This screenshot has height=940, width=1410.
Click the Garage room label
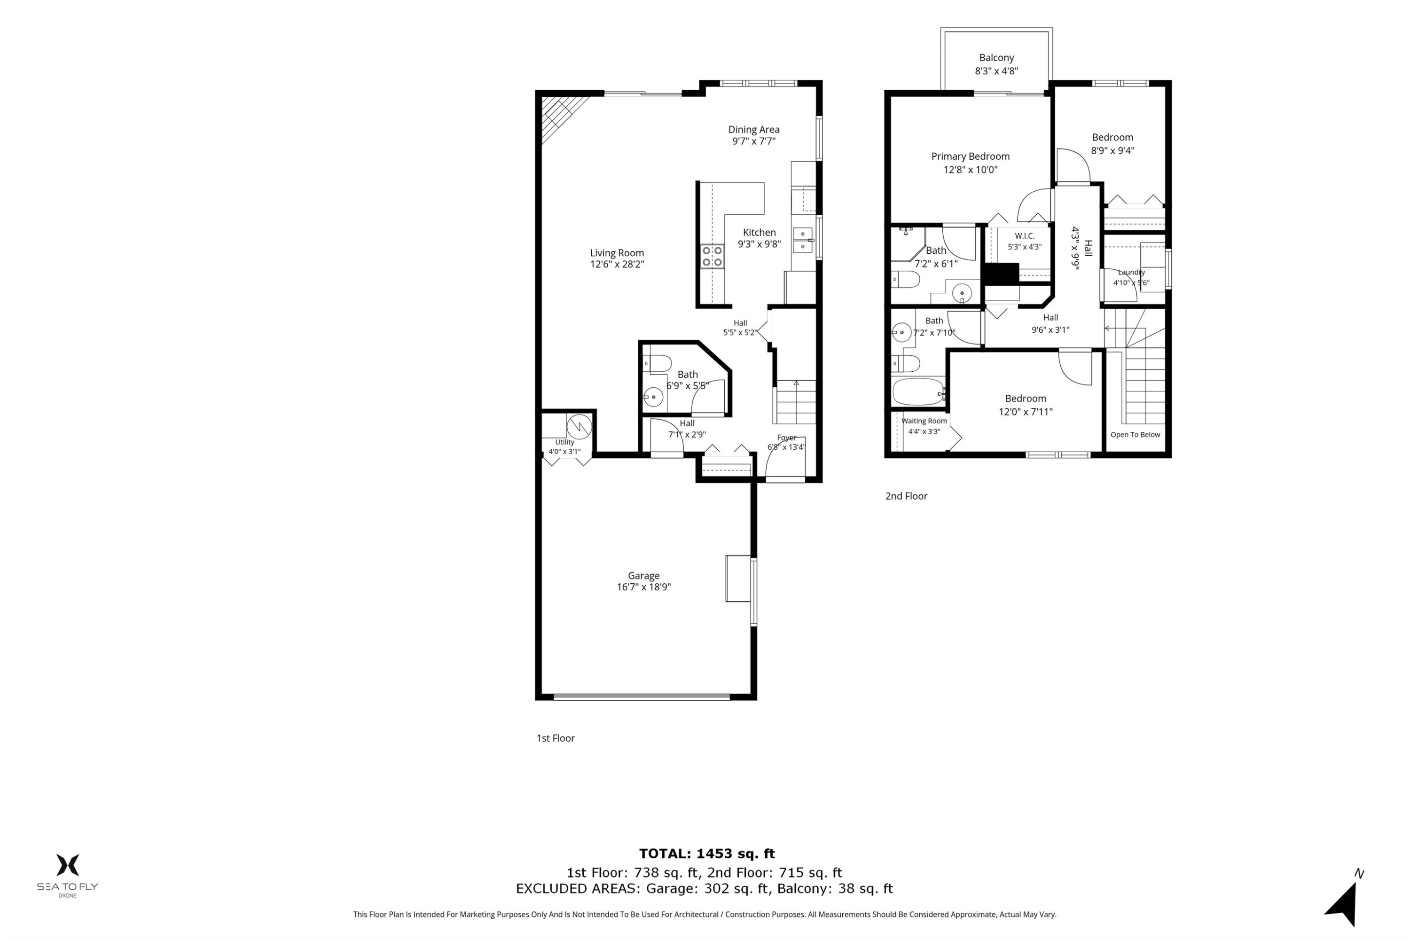click(643, 575)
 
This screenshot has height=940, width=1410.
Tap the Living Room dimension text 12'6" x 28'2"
click(617, 264)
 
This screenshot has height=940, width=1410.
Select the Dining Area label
click(753, 130)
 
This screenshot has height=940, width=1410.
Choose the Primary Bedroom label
click(970, 157)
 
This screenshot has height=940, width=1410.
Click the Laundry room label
click(1131, 272)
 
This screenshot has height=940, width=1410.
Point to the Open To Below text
click(1135, 435)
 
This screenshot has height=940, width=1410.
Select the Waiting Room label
click(924, 421)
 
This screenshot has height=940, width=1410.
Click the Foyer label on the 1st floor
click(786, 438)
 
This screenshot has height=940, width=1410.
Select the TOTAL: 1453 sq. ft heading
click(706, 854)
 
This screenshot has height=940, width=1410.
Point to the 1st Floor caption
click(555, 738)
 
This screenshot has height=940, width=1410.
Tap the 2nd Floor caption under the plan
click(906, 496)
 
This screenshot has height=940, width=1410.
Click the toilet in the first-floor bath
click(658, 364)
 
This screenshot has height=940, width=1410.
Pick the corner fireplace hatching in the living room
click(561, 117)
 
